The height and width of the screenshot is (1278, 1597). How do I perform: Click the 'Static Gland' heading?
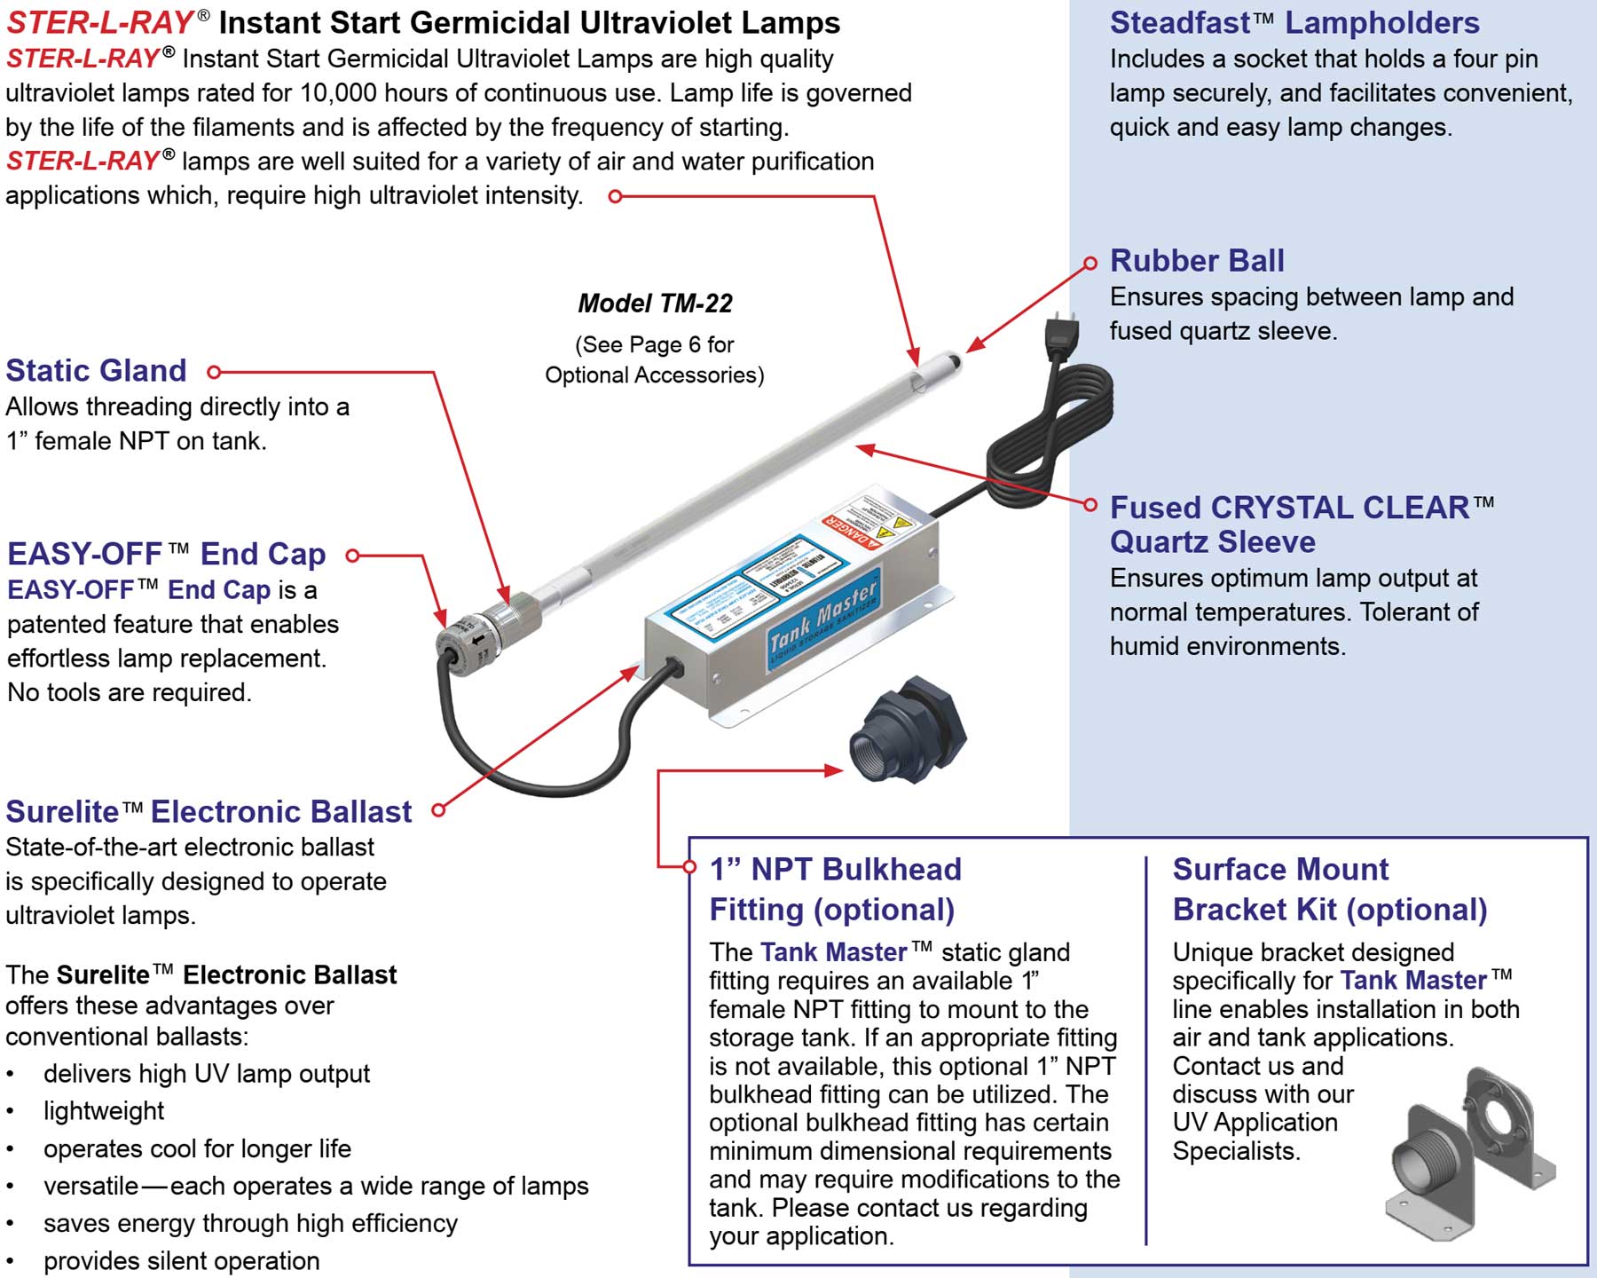[x=96, y=370]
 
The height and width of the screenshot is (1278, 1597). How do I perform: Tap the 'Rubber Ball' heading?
[x=1197, y=261]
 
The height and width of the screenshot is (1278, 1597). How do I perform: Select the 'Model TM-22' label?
[x=655, y=304]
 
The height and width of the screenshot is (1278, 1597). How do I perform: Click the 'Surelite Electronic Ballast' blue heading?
[x=208, y=811]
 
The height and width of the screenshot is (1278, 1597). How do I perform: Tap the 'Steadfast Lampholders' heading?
[x=1294, y=22]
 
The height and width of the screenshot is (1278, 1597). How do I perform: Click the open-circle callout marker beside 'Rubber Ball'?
[x=1090, y=263]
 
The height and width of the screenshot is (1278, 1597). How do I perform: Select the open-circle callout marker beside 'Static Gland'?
[x=214, y=372]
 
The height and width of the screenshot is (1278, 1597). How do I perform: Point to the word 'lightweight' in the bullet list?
[x=104, y=1111]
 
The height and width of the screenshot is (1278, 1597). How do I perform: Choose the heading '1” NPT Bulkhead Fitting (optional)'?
[x=835, y=889]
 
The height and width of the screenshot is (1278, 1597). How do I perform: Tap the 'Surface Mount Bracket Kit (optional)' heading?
[x=1329, y=889]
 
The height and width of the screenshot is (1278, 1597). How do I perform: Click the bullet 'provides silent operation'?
[x=181, y=1261]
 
